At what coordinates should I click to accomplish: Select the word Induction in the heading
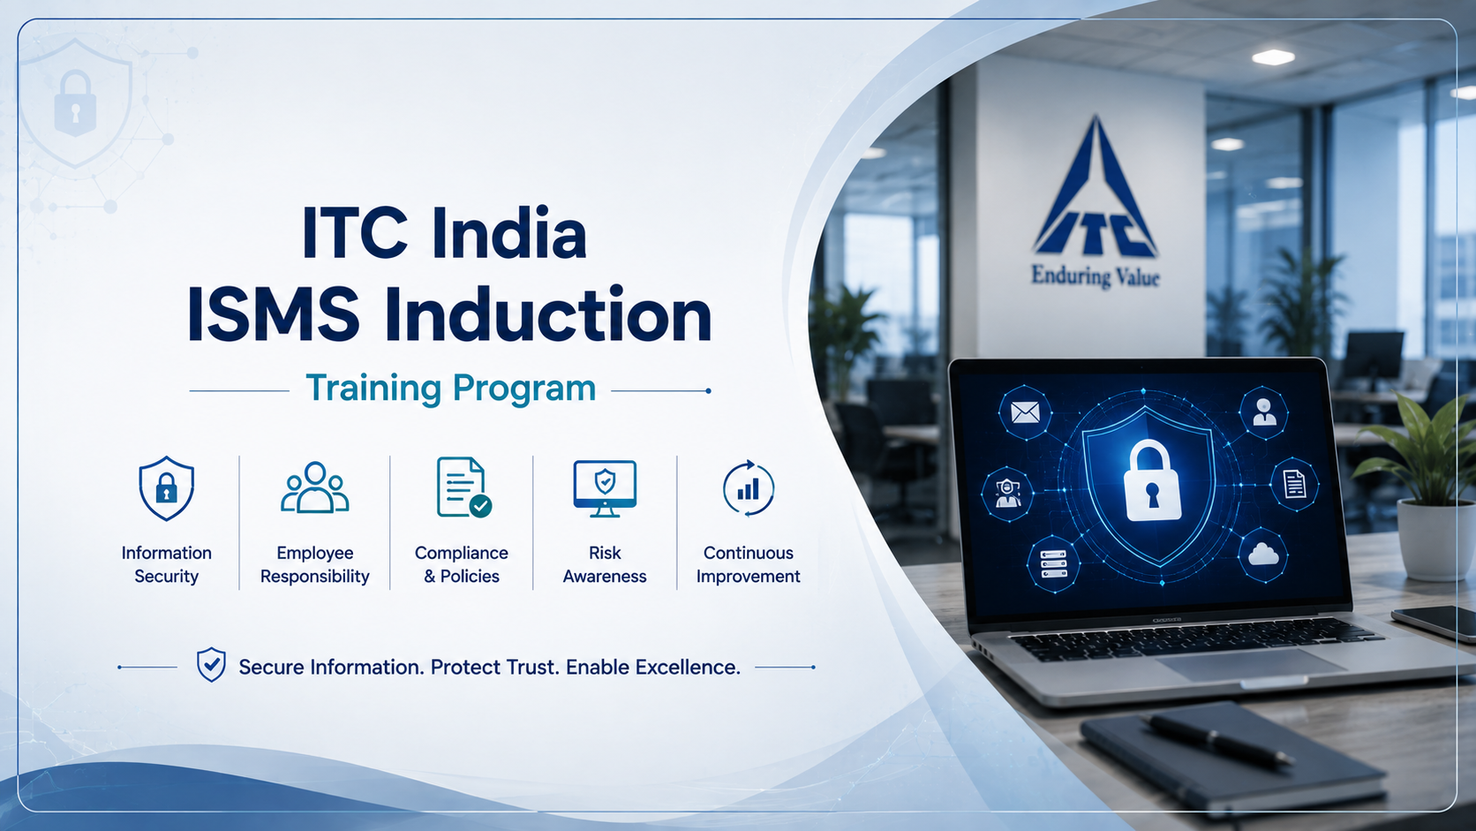pyautogui.click(x=547, y=315)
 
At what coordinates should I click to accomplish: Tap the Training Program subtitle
pyautogui.click(x=451, y=388)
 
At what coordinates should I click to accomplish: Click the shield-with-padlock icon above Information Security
pyautogui.click(x=166, y=488)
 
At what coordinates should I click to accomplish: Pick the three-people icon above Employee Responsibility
pyautogui.click(x=315, y=487)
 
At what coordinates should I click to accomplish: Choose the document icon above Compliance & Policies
pyautogui.click(x=463, y=487)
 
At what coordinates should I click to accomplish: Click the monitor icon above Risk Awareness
pyautogui.click(x=605, y=488)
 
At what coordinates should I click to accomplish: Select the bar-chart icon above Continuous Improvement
pyautogui.click(x=749, y=488)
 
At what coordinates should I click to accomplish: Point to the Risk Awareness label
pyautogui.click(x=605, y=564)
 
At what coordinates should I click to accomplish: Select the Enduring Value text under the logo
pyautogui.click(x=1095, y=276)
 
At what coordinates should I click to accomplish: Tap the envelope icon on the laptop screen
pyautogui.click(x=1025, y=412)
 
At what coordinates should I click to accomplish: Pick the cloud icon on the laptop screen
pyautogui.click(x=1262, y=554)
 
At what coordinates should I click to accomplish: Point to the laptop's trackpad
pyautogui.click(x=1251, y=663)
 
